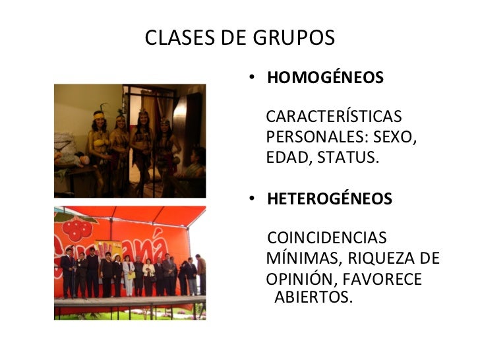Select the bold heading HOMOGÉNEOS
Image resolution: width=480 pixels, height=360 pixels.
click(325, 78)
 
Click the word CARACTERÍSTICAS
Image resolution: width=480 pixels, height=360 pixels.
click(333, 117)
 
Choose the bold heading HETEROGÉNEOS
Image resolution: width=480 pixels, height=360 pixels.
click(330, 198)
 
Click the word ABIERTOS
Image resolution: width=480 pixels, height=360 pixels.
click(313, 297)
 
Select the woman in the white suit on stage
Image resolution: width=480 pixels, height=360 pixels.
click(129, 275)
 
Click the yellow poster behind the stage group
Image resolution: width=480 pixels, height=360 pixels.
click(109, 249)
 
